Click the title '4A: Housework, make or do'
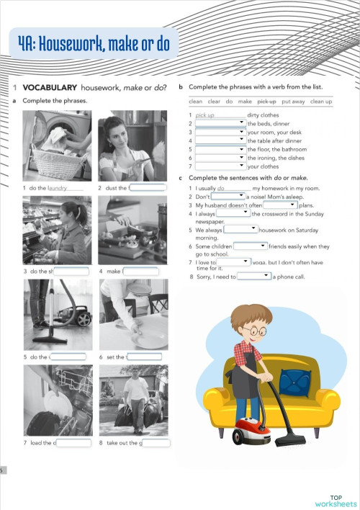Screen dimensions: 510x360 point(94,45)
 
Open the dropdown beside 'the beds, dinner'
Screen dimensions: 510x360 point(220,124)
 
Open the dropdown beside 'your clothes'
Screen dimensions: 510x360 point(220,166)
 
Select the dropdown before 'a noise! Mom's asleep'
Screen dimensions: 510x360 point(228,196)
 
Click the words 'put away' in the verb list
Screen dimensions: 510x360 point(293,102)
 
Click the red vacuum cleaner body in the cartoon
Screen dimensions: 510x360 point(249,430)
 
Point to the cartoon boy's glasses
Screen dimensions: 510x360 point(251,333)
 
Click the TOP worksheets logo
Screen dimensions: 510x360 point(336,501)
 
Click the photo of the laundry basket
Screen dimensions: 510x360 point(57,148)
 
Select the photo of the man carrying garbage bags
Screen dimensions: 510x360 point(133,401)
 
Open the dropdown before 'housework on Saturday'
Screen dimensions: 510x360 point(241,229)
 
